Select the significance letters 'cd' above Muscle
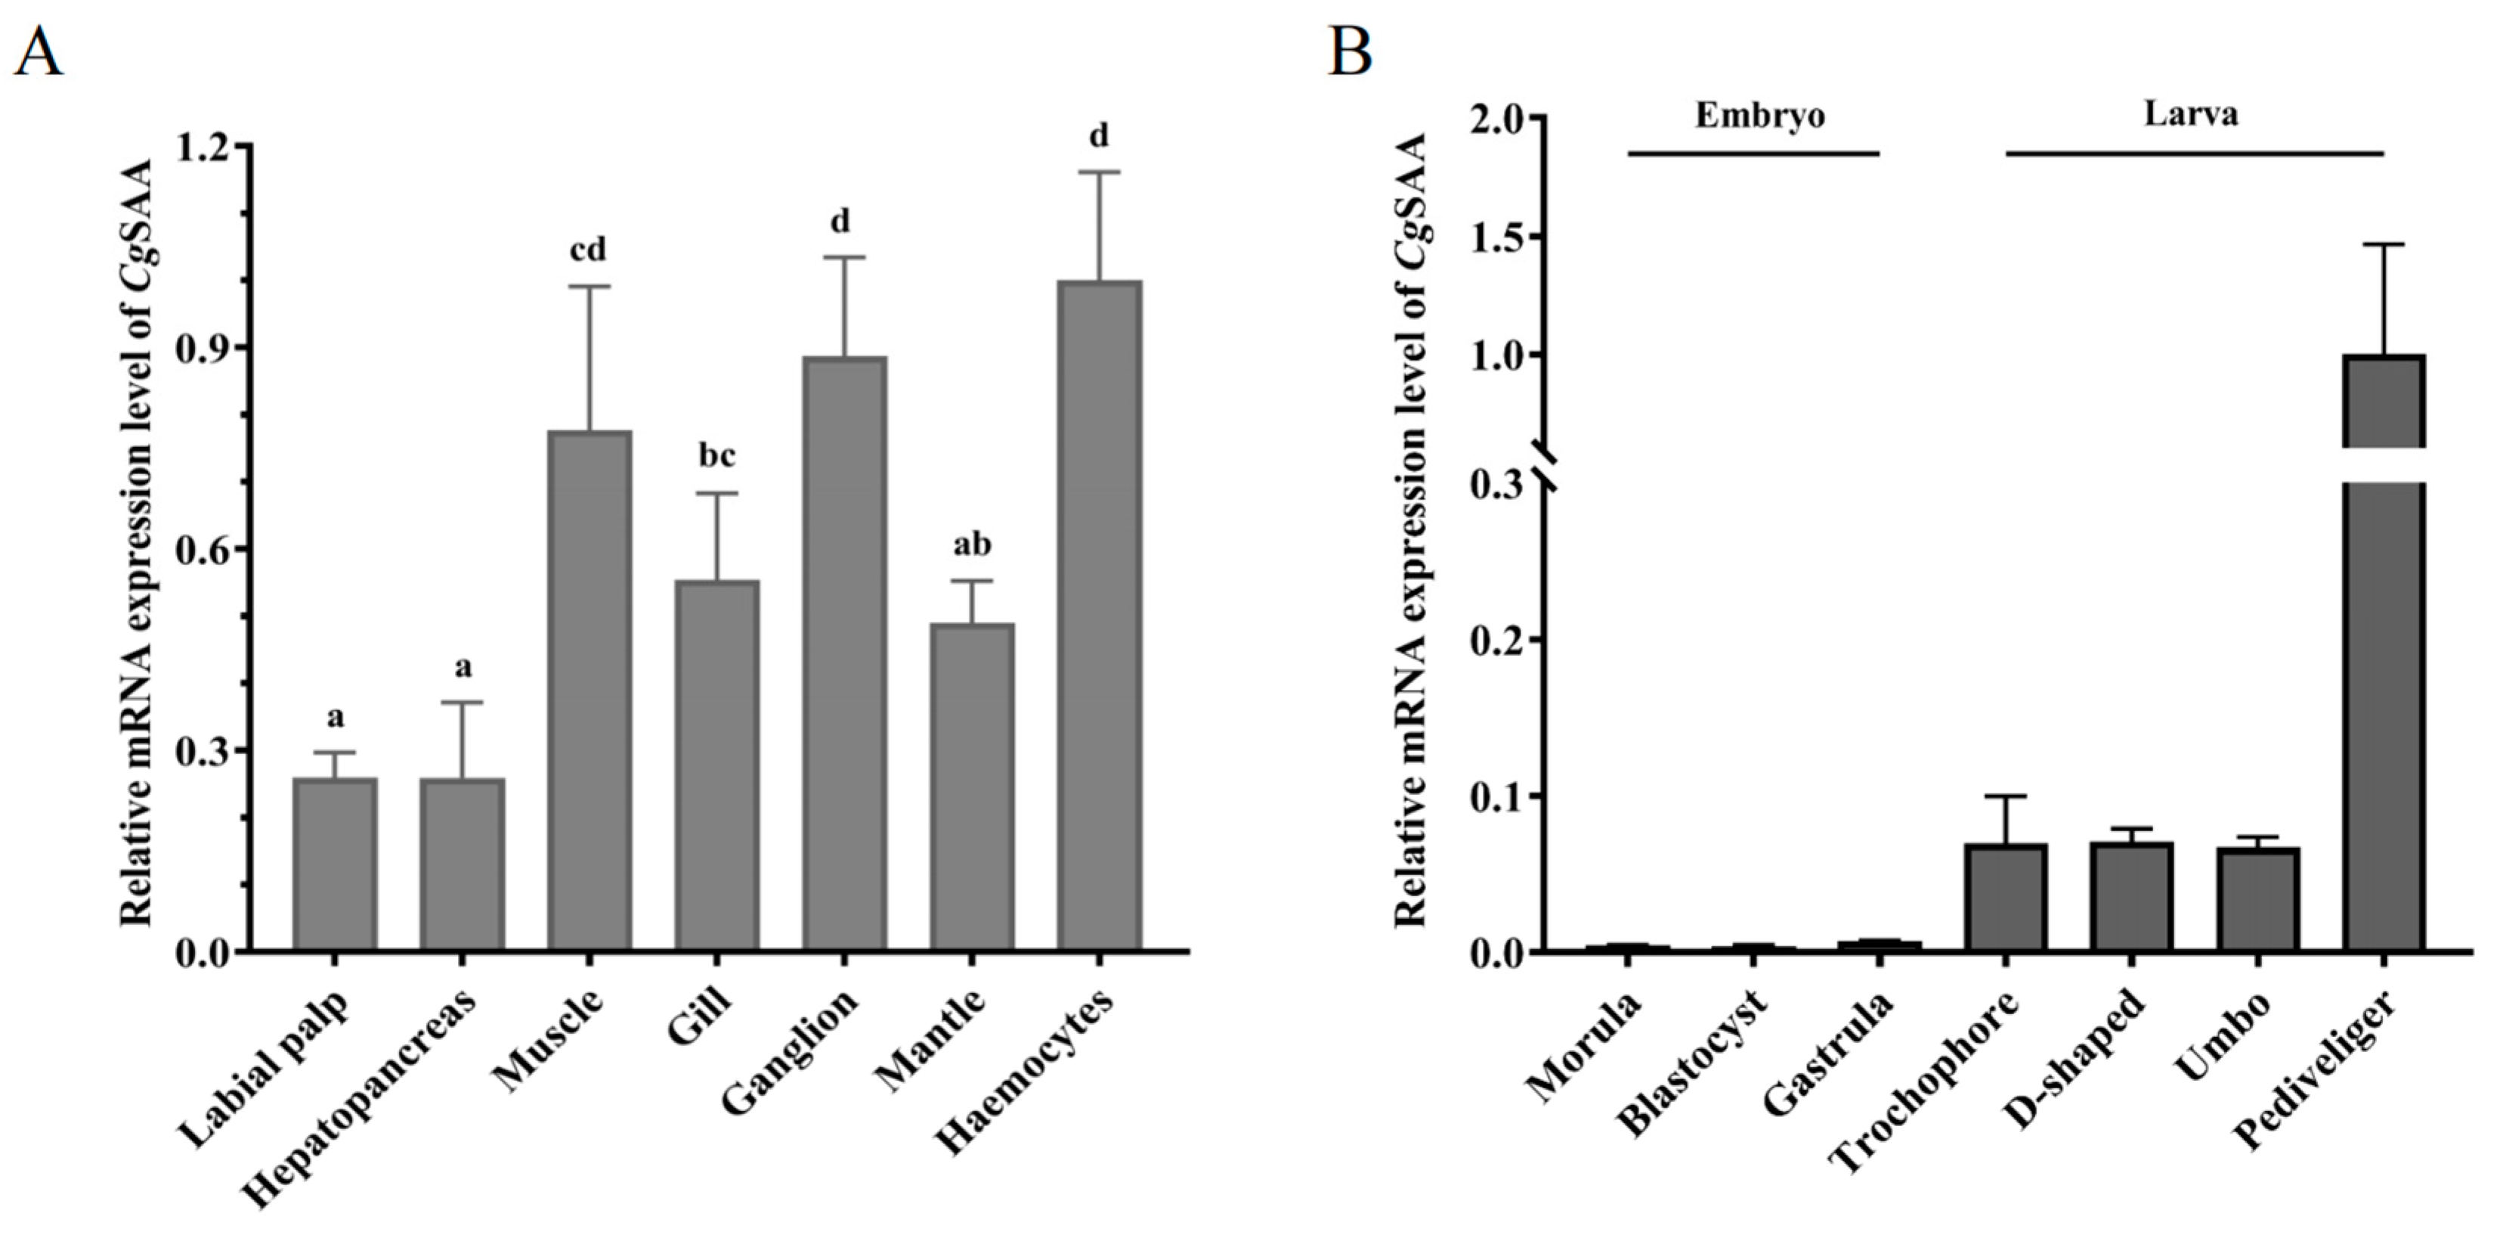[588, 250]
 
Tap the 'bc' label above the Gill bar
[716, 455]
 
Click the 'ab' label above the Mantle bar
[971, 545]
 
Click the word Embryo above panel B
[1759, 116]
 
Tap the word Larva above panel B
[2190, 114]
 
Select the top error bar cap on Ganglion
[843, 257]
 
